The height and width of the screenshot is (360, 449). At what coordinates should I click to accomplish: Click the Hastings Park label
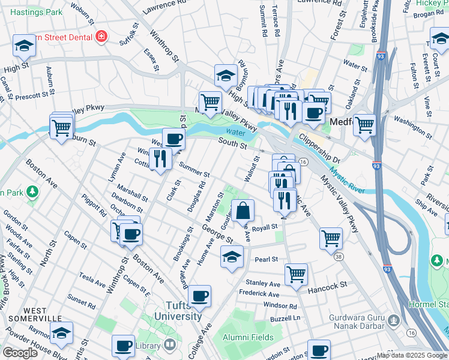click(x=37, y=12)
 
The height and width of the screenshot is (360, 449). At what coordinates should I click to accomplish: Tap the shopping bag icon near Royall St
click(x=243, y=211)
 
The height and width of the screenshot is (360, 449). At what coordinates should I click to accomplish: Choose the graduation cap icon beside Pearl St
click(x=231, y=257)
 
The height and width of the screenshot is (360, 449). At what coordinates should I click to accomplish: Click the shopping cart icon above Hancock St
click(x=296, y=274)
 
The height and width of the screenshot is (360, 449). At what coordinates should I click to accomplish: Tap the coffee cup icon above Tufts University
click(x=200, y=296)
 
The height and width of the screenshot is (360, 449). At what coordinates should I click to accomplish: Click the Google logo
click(x=19, y=352)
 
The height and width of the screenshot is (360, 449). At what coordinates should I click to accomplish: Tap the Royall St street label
click(x=266, y=227)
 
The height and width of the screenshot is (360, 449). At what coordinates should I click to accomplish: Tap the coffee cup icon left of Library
click(x=123, y=346)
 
